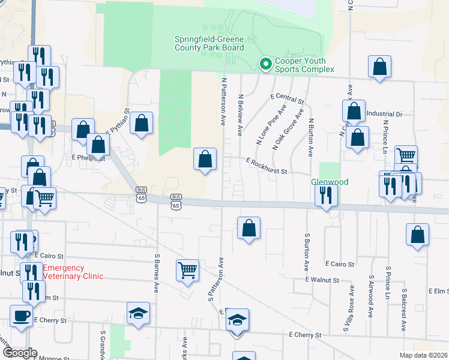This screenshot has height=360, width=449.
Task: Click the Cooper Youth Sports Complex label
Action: click(x=304, y=65)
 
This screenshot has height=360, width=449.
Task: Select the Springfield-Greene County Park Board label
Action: click(x=209, y=43)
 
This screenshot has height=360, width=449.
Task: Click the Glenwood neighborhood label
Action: click(x=330, y=181)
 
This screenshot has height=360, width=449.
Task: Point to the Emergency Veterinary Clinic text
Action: click(x=73, y=272)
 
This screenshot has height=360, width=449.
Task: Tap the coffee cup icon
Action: click(x=21, y=316)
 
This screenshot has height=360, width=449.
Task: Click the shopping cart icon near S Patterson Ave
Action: click(x=188, y=270)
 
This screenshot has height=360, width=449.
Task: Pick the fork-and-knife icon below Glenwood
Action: click(x=326, y=195)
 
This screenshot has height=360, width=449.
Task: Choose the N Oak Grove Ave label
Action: click(x=288, y=125)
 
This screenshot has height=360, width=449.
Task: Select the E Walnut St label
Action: click(x=322, y=280)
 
